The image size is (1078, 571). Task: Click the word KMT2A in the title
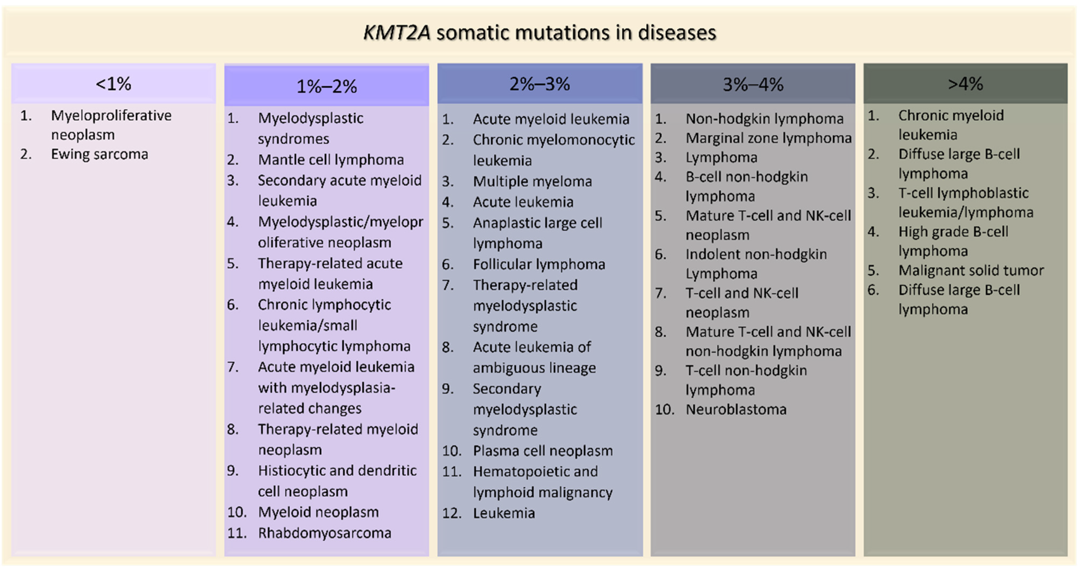[397, 33]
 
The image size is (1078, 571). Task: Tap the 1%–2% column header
[327, 86]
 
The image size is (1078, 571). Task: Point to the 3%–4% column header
[753, 84]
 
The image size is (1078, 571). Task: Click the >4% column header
[965, 84]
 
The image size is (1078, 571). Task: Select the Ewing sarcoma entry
[100, 154]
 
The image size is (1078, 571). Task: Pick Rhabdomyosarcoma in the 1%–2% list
[325, 533]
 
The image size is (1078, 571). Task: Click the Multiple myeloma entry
[532, 182]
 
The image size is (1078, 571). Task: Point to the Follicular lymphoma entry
[539, 264]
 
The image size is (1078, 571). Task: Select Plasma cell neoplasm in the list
[543, 451]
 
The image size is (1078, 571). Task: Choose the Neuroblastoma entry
[736, 410]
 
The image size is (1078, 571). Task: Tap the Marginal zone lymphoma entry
[769, 138]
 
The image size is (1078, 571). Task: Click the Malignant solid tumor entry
[971, 271]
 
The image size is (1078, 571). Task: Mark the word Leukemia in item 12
[504, 513]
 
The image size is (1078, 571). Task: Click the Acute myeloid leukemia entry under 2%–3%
[551, 119]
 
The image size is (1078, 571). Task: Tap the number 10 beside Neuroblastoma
[664, 410]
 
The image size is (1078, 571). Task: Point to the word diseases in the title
[677, 33]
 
